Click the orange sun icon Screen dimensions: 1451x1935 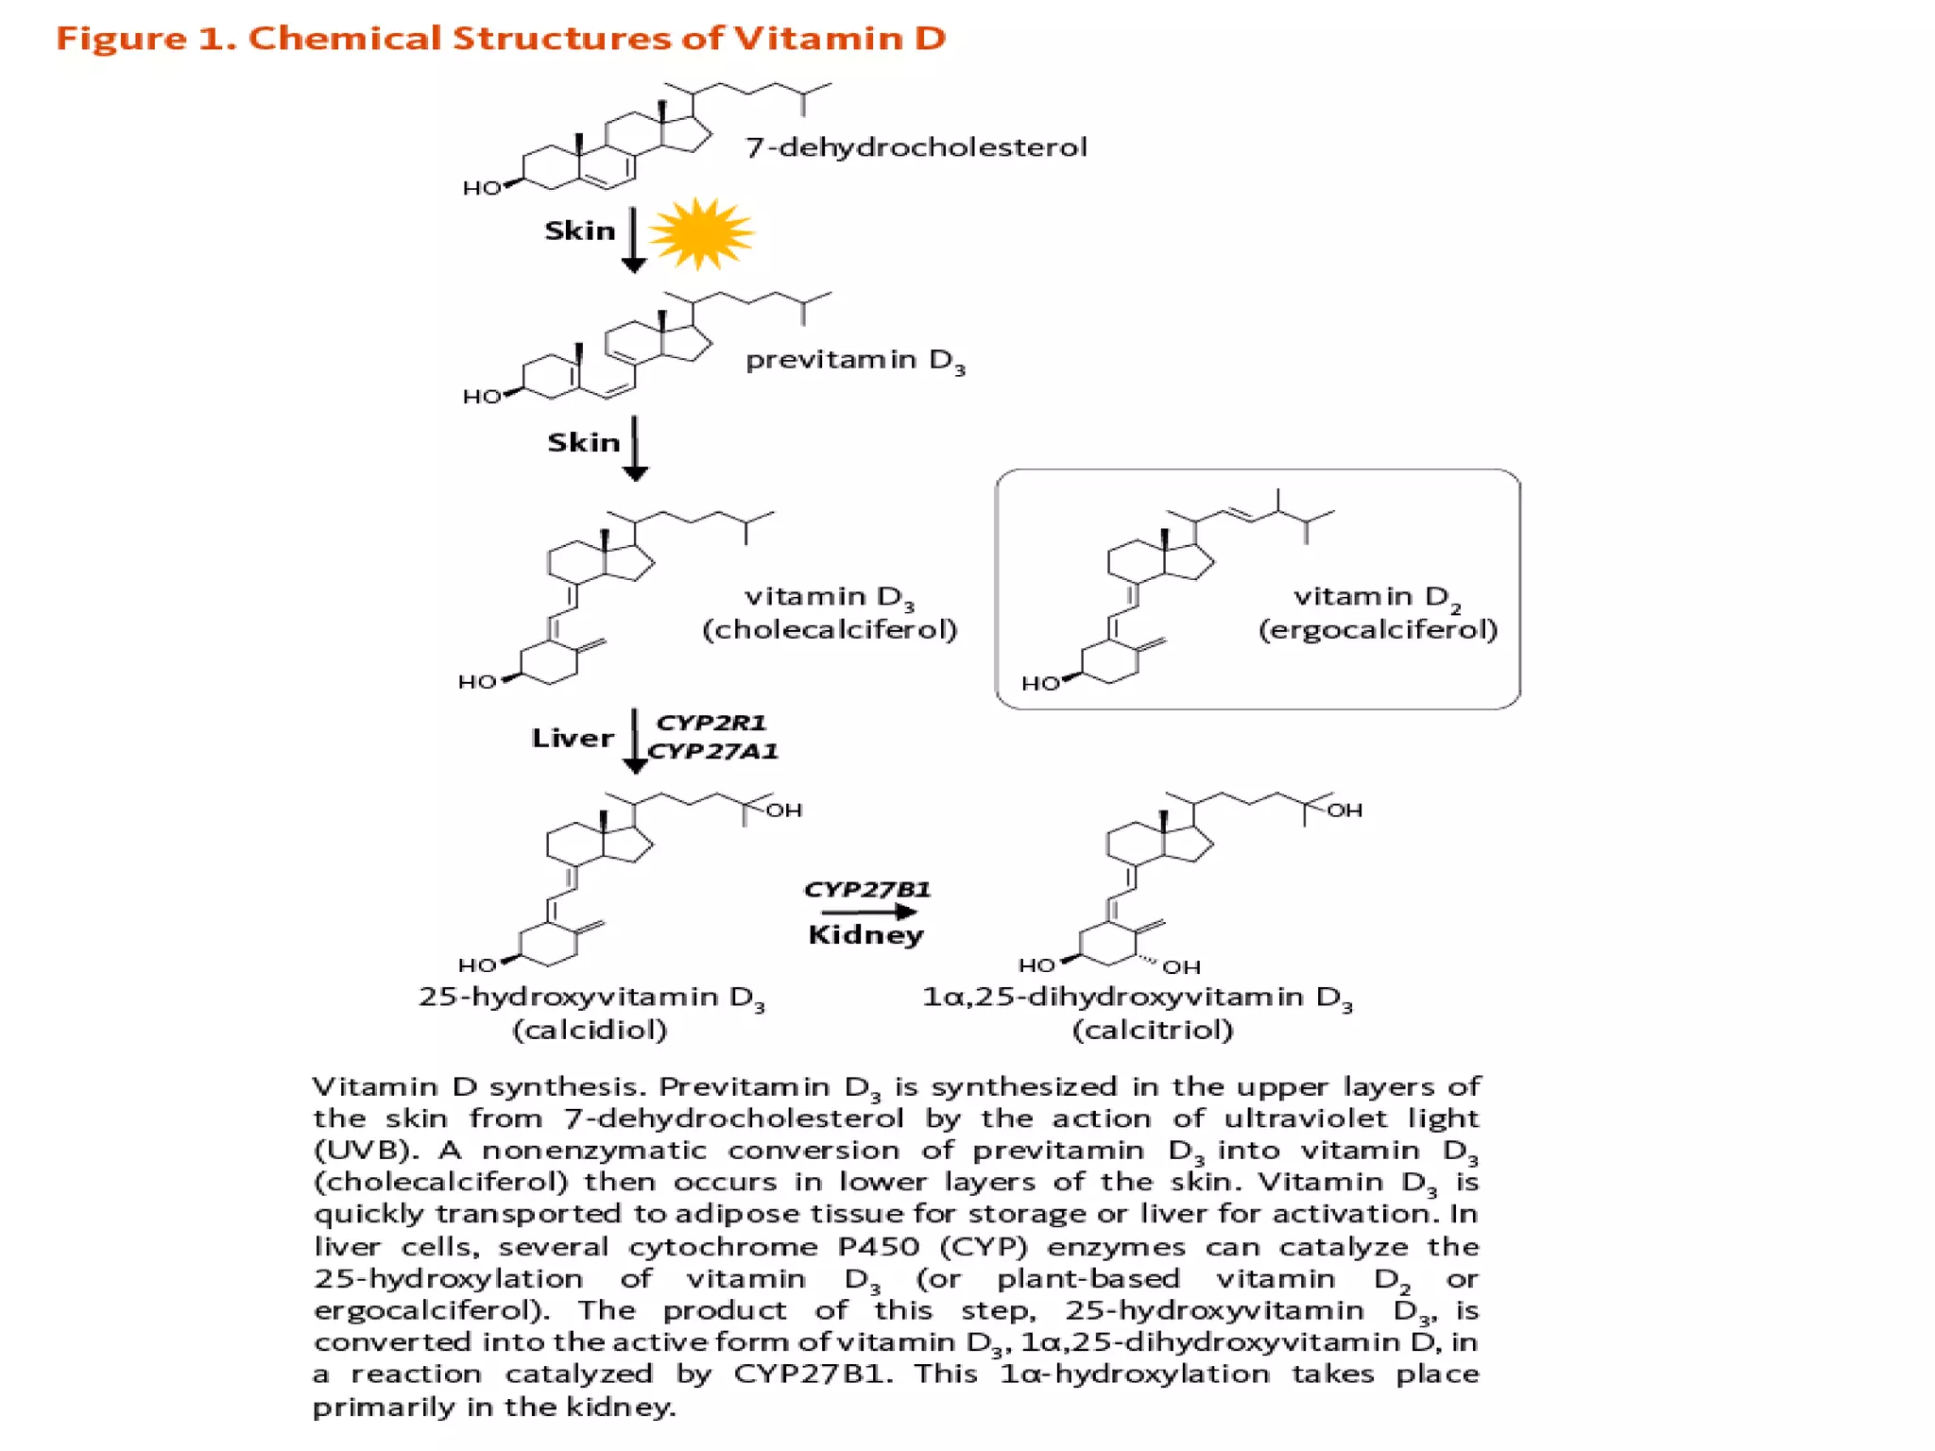[x=701, y=233]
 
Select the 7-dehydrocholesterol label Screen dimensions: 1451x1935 [x=916, y=147]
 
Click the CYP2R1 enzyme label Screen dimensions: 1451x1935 [x=711, y=723]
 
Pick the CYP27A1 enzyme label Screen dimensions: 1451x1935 [x=713, y=751]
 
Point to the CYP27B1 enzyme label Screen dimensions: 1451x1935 [x=867, y=889]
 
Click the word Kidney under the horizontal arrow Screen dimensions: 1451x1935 [x=865, y=935]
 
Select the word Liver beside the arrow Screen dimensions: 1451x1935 [x=573, y=738]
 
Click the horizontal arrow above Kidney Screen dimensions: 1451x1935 [x=868, y=912]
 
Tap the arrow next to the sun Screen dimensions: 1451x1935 [x=634, y=240]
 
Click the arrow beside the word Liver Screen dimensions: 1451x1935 [x=635, y=742]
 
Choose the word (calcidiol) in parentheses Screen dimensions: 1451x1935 [x=590, y=1030]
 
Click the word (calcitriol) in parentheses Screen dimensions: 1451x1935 [x=1153, y=1030]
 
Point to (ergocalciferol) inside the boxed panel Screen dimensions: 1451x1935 [x=1378, y=629]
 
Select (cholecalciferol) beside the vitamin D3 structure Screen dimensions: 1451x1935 [x=830, y=629]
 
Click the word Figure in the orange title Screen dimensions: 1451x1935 [x=121, y=39]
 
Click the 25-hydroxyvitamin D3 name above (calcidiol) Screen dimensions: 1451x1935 [x=591, y=998]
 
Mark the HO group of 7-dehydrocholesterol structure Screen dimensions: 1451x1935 [x=481, y=188]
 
